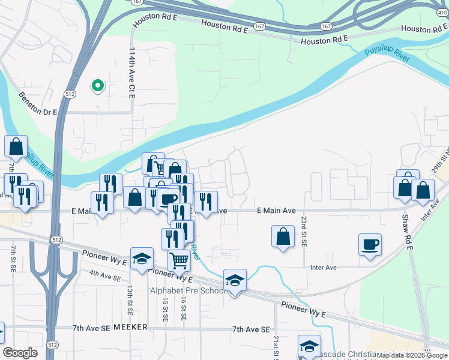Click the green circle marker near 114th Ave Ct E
click(x=97, y=86)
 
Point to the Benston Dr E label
click(x=37, y=103)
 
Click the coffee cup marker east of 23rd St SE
click(x=370, y=245)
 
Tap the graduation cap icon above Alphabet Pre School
click(x=235, y=280)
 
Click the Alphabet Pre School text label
click(x=187, y=291)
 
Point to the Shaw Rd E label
click(x=405, y=225)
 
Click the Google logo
click(x=20, y=353)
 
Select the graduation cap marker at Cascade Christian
click(x=309, y=346)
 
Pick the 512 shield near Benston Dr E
click(x=70, y=94)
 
